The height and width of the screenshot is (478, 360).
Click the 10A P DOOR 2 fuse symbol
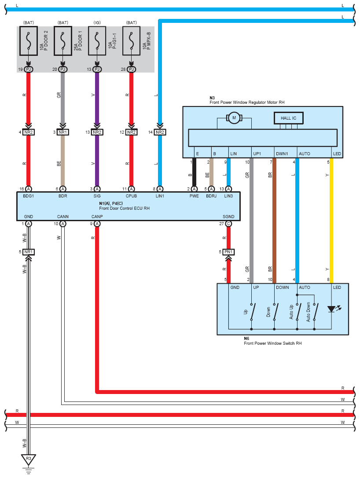tap(29, 42)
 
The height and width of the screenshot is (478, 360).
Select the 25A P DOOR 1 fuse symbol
tap(63, 42)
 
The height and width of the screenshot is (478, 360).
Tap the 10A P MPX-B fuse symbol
tap(131, 42)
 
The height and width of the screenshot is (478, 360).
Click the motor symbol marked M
tap(234, 117)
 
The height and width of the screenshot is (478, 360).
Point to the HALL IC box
tap(289, 118)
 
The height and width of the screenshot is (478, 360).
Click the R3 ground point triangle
tap(29, 460)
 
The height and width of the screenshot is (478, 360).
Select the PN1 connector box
tap(228, 252)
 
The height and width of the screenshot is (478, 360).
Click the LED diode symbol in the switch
tap(331, 309)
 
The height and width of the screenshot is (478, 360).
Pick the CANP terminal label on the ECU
tap(97, 216)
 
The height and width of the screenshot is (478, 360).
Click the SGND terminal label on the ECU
tap(228, 216)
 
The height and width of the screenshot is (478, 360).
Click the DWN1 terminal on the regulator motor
tap(282, 154)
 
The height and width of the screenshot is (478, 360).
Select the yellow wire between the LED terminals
tap(331, 220)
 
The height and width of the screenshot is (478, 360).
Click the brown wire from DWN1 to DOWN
tap(274, 220)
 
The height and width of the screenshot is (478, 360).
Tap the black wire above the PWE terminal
tap(194, 174)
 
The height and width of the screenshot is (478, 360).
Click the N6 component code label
tap(247, 338)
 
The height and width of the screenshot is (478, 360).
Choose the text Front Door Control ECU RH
tap(125, 208)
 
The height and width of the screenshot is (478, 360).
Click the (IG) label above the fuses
tap(97, 22)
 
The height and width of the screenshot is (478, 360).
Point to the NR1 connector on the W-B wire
tap(29, 252)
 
